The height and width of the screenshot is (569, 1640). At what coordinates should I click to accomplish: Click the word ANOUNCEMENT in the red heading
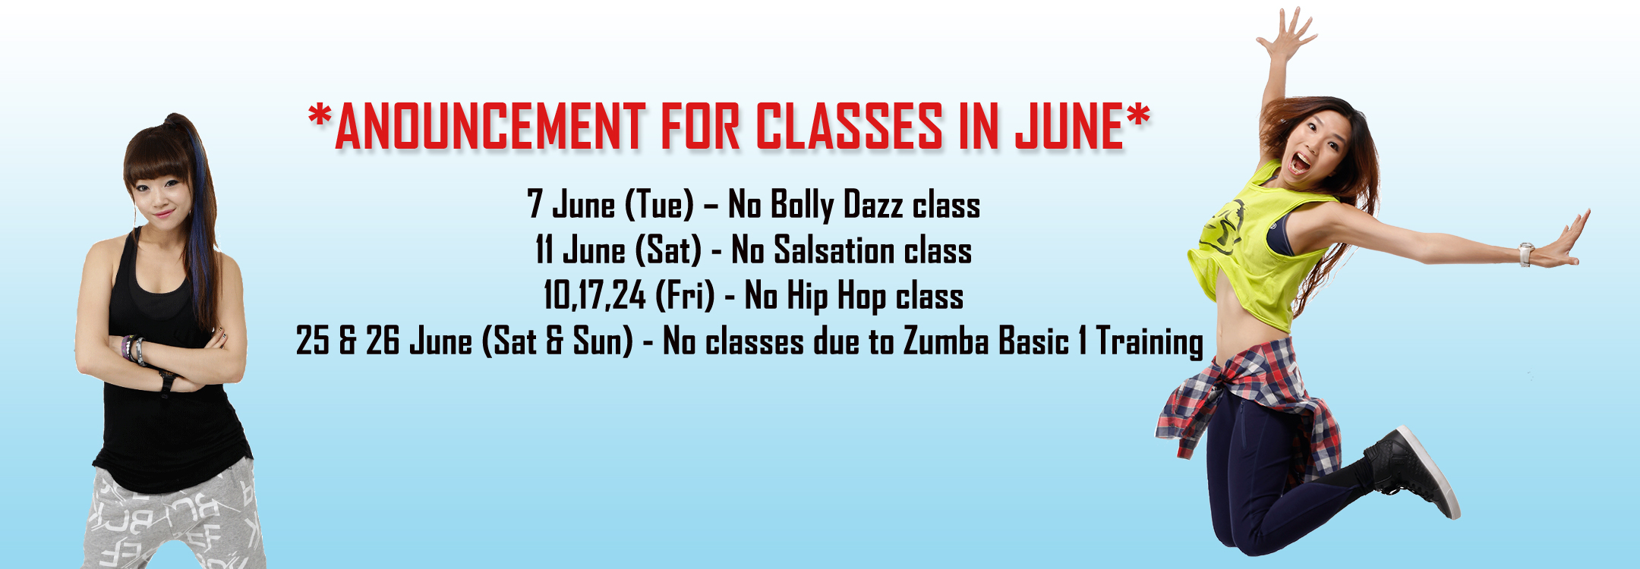490,126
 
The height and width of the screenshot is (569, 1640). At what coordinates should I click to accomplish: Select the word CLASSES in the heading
849,126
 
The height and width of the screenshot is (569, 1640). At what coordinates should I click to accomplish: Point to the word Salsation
833,250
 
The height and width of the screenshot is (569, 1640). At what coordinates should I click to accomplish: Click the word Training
1150,342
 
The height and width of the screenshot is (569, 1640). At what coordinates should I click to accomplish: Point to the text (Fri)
685,296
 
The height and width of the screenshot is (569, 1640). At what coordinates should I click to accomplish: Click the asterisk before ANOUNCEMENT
320,117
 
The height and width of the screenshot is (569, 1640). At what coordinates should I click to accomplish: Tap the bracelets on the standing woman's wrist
134,349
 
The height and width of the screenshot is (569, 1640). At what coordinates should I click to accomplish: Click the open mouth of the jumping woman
1301,163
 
